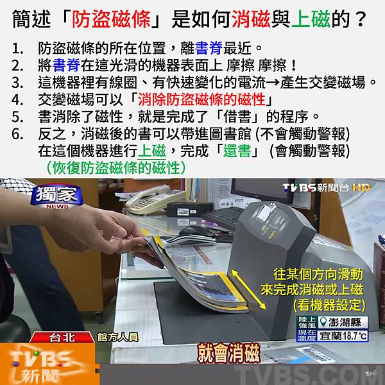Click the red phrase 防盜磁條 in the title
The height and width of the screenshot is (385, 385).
pos(111,19)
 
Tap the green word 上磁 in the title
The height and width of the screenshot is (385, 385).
pos(311,19)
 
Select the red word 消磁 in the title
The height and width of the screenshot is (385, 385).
pos(251,19)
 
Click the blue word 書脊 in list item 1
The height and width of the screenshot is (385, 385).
pos(209,48)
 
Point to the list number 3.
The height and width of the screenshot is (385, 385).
pos(17,83)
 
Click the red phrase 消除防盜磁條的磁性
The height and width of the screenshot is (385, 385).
pos(201,99)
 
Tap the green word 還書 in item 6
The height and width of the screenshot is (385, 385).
pos(237,151)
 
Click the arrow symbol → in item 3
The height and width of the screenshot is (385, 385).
pos(273,83)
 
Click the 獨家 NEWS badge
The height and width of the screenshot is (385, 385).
pos(56,197)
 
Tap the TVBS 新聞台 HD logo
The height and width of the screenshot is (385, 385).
pos(327,188)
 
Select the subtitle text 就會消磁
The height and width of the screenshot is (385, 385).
pos(229,353)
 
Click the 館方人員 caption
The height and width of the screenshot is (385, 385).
pos(118,337)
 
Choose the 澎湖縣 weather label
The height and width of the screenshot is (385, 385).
pos(343,322)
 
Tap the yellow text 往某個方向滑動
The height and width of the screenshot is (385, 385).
pos(318,274)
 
